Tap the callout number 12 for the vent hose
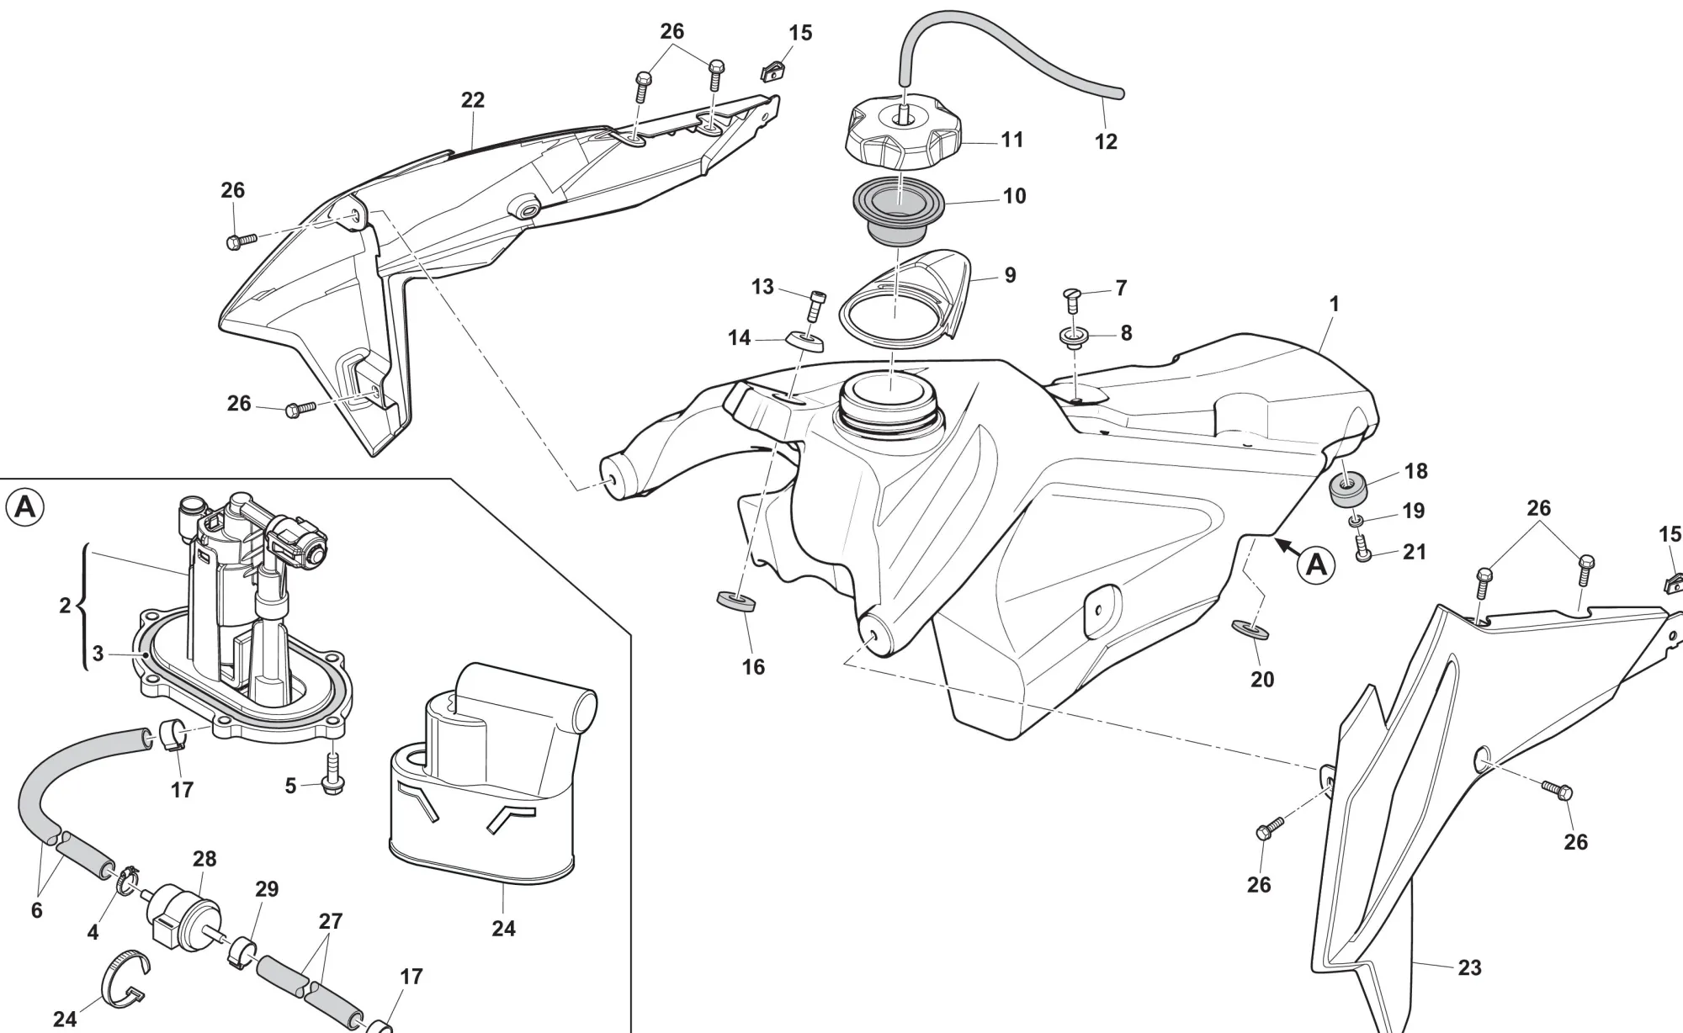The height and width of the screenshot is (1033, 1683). tap(1106, 142)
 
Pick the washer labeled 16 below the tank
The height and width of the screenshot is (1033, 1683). tap(735, 602)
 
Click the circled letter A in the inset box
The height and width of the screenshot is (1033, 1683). tap(25, 507)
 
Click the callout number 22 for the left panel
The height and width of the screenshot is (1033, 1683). tap(473, 100)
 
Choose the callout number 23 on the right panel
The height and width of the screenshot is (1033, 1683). tap(1469, 967)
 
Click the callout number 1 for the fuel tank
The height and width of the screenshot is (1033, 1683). tap(1334, 304)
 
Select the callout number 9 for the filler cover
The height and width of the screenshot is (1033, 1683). tap(1010, 275)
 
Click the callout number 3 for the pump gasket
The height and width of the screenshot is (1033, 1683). tap(98, 654)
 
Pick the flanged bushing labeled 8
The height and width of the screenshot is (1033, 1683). tap(1074, 337)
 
